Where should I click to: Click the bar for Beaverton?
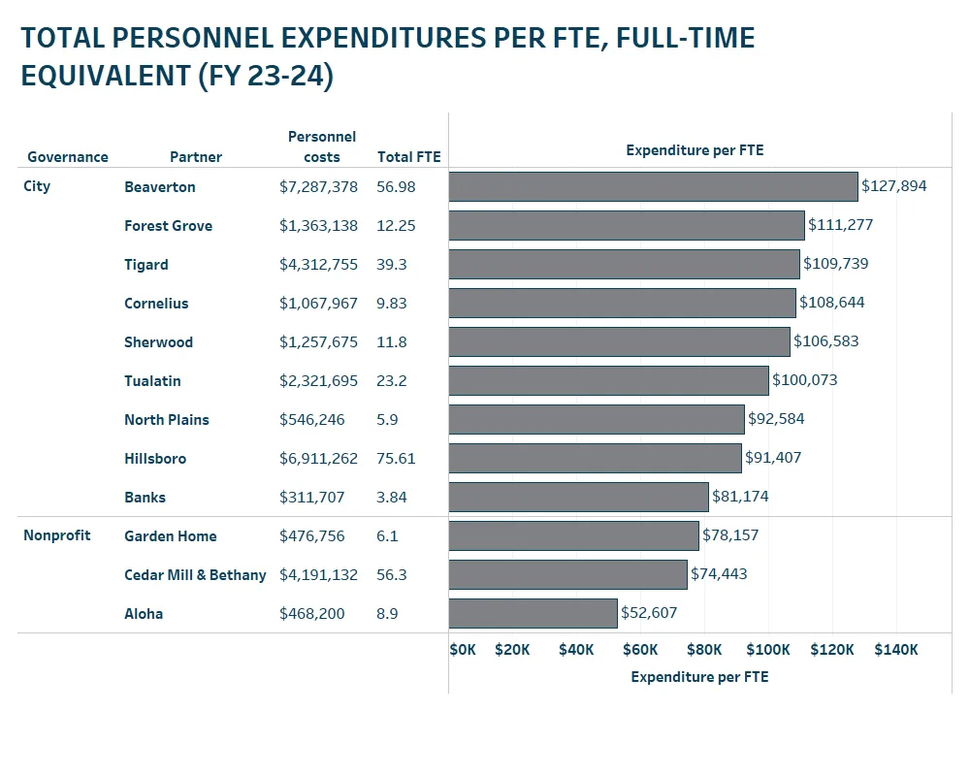(653, 186)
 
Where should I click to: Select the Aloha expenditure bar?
(533, 613)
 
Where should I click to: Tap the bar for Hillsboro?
(595, 458)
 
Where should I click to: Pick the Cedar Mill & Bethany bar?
(567, 574)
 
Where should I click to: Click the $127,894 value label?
(893, 186)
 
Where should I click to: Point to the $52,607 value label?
(649, 613)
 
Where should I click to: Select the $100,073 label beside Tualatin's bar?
(804, 380)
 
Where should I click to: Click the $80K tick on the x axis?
(704, 650)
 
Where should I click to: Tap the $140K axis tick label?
(895, 650)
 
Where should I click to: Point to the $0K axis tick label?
(463, 650)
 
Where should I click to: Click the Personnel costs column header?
(322, 146)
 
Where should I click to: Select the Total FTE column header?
(408, 157)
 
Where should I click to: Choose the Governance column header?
(68, 157)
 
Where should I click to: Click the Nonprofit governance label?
(57, 535)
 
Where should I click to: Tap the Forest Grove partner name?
(168, 225)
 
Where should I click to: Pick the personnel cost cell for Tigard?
(318, 264)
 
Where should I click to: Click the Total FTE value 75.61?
(396, 458)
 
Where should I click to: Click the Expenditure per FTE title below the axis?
(699, 677)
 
